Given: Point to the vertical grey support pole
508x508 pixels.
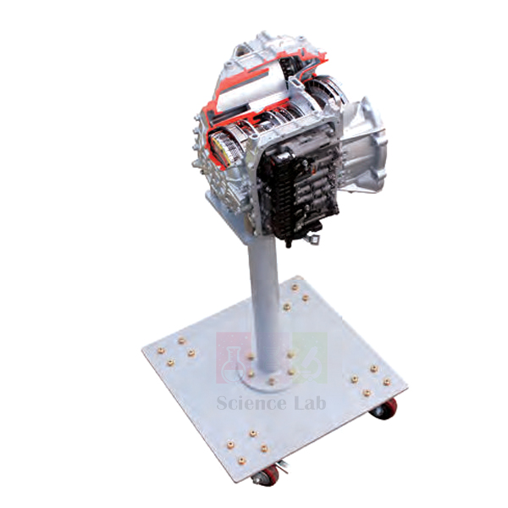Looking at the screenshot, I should point(263,296).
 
